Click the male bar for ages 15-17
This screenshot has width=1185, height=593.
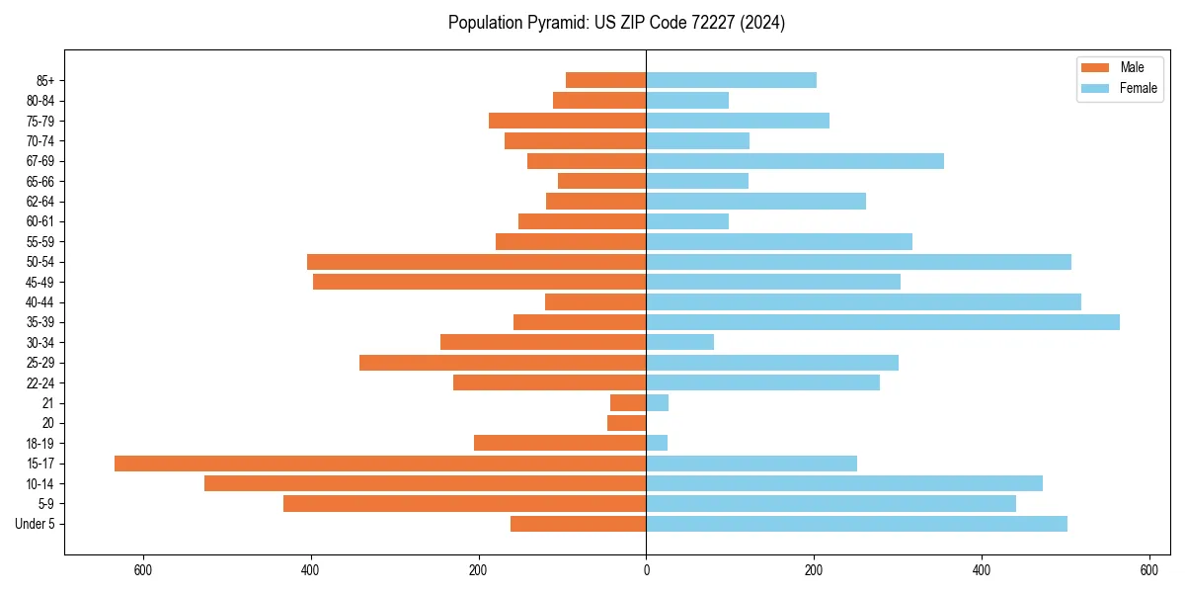click(380, 464)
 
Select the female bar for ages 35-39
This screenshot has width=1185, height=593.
click(883, 322)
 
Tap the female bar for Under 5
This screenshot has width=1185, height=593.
click(856, 524)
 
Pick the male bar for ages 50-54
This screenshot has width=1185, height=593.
click(477, 262)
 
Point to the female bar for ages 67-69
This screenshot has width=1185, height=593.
click(795, 161)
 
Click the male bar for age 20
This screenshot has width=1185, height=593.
click(627, 423)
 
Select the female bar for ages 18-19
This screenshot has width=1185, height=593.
click(657, 443)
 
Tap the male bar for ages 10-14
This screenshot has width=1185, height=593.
click(426, 483)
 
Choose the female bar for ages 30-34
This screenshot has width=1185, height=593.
click(680, 342)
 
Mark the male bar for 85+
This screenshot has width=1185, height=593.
click(606, 80)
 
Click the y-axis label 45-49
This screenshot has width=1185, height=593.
click(40, 282)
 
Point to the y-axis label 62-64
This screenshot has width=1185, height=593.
click(40, 202)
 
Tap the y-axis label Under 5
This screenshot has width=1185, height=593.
click(36, 524)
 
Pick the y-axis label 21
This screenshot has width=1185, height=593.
click(48, 403)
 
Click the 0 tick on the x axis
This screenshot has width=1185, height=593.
click(646, 570)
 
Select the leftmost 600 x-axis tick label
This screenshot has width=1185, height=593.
click(143, 570)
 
